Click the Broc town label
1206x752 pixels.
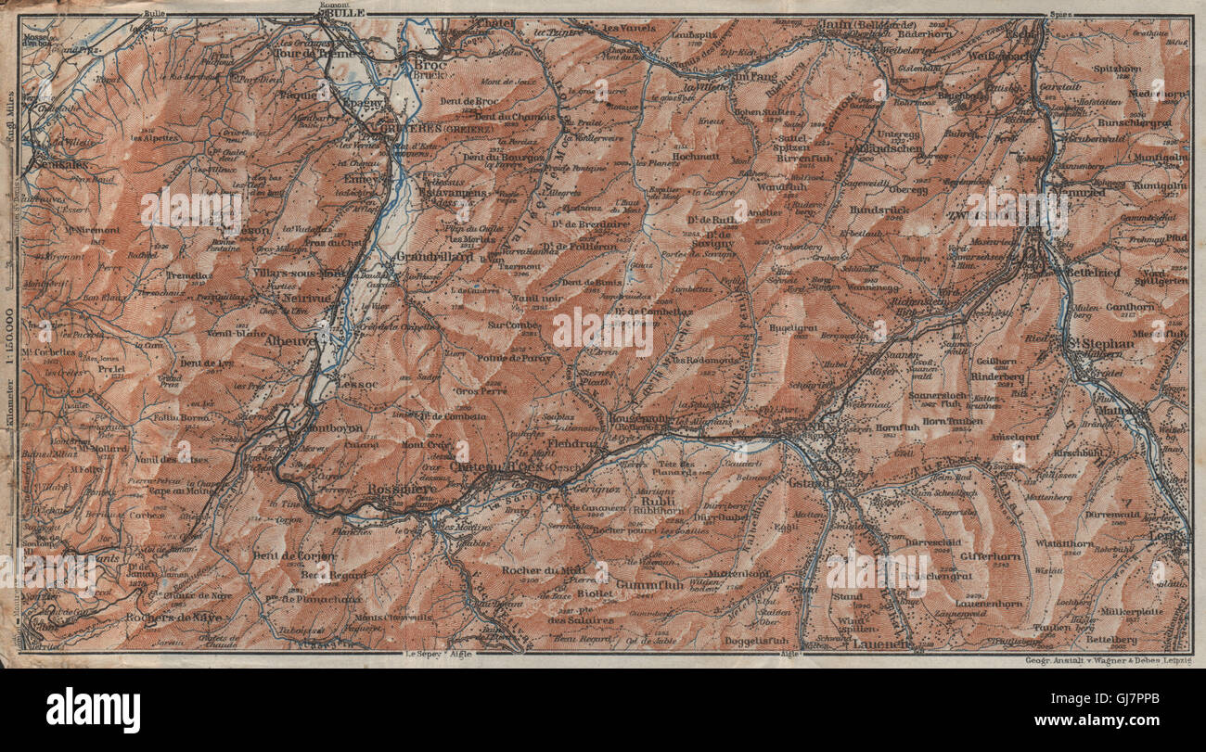click(429, 66)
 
